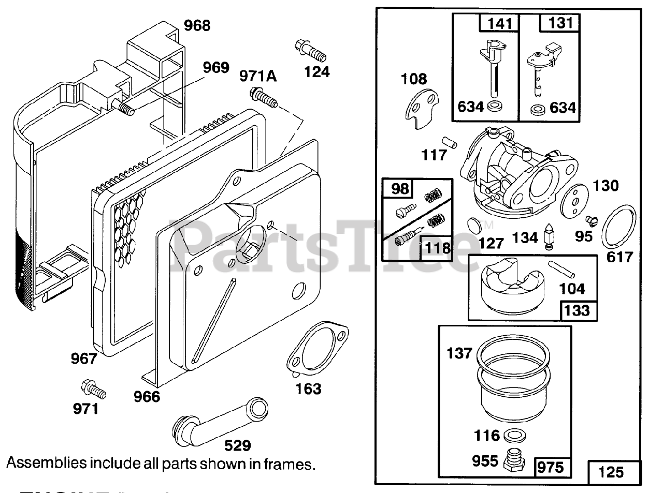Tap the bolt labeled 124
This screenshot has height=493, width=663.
(309, 50)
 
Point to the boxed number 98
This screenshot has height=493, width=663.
(399, 188)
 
